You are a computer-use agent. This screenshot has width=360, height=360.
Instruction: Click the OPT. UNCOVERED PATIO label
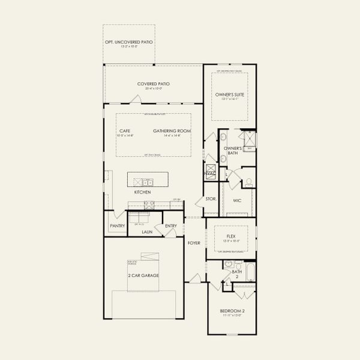coord(129,42)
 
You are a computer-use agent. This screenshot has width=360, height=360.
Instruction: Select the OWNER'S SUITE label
coord(230,94)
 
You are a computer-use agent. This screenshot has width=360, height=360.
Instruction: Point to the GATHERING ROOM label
coord(172,131)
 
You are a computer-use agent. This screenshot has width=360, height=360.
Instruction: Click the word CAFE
coord(125,131)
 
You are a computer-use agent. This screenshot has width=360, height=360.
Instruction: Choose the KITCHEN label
coord(142,192)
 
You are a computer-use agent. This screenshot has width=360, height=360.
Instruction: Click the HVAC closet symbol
coord(209,173)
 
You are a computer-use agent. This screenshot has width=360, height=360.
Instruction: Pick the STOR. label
coord(211,198)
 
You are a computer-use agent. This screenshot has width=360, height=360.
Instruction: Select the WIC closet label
coord(237,200)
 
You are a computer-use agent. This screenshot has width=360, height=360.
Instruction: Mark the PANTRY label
coord(116,226)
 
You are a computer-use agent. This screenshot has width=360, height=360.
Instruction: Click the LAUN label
coord(148,231)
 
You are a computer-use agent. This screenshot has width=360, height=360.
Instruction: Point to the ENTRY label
coord(171,226)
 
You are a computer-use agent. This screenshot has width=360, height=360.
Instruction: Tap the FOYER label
coord(193,243)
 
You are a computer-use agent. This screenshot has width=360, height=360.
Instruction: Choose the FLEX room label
coord(230,236)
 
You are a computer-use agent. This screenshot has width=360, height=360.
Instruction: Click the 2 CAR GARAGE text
coord(143,275)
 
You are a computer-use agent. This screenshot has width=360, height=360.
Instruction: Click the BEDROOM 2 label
coord(231,311)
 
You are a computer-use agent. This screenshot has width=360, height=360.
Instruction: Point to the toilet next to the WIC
coord(248,182)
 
